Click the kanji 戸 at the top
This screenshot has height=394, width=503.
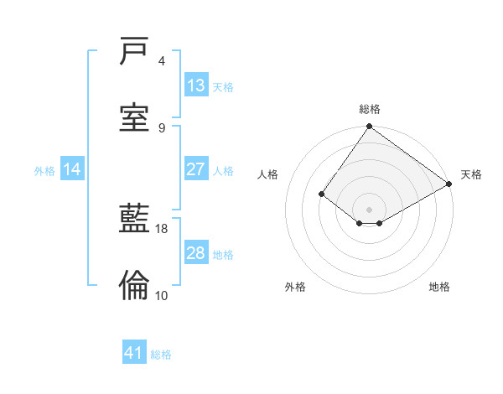[134, 52]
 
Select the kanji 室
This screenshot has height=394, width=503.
[134, 117]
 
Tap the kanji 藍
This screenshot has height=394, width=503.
[134, 220]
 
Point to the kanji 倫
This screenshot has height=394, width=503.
[134, 286]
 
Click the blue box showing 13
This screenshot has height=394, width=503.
[196, 86]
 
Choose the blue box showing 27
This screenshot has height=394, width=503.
[196, 169]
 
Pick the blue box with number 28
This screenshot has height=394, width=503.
[196, 253]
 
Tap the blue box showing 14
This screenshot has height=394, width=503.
[72, 169]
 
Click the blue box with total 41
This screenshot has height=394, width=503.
[134, 353]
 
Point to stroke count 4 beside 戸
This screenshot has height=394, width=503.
[162, 61]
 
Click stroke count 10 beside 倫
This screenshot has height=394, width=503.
[162, 295]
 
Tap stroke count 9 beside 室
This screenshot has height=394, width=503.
[162, 127]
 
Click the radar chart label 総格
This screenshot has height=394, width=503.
[370, 109]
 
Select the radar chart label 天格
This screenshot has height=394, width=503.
[471, 174]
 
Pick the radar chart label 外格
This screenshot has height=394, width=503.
[295, 287]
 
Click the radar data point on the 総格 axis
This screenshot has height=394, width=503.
[370, 127]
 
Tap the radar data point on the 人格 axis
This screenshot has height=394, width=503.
[322, 194]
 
